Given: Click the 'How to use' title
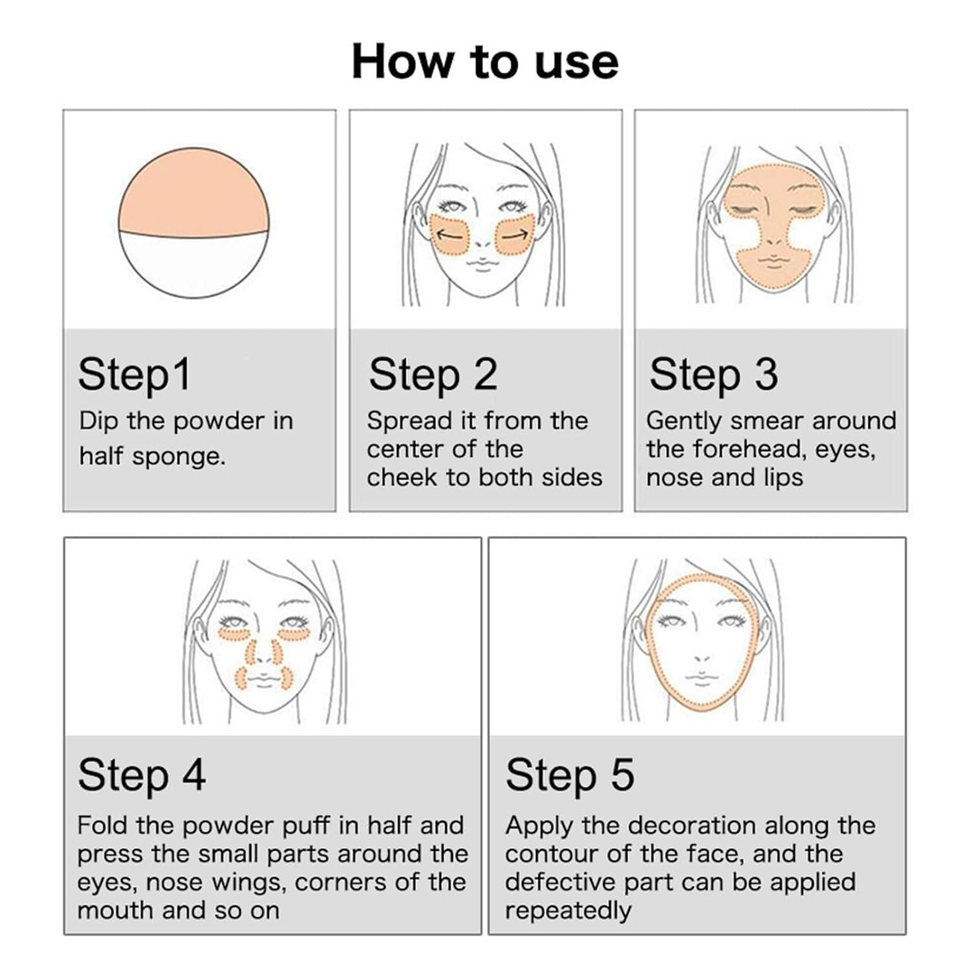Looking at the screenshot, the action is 485,62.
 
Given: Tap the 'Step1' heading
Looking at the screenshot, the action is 135,375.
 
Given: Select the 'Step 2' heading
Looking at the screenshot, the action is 433,375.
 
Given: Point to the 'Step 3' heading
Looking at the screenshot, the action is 713,375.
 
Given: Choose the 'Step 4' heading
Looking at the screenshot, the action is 142,775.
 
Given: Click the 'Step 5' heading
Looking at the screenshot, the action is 570,775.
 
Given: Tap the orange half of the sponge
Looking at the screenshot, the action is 194,192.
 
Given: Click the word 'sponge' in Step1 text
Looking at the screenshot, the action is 179,457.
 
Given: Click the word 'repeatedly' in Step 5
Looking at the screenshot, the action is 568,911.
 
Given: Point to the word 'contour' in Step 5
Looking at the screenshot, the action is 551,854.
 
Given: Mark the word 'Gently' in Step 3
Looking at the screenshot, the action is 684,422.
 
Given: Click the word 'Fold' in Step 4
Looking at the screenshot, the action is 102,826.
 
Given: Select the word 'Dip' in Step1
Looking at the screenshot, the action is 99,422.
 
